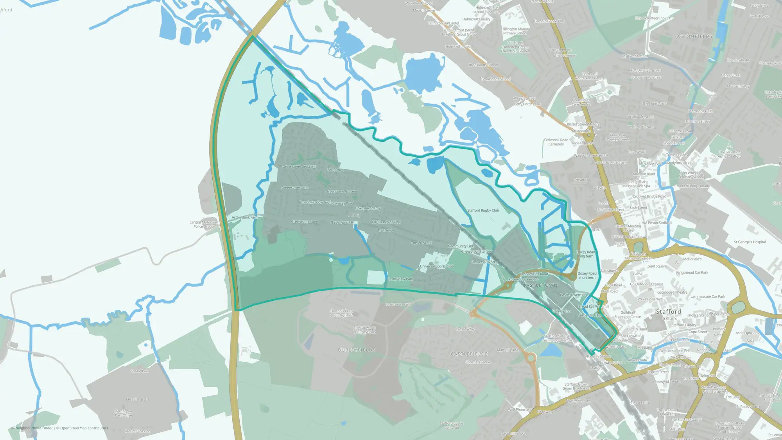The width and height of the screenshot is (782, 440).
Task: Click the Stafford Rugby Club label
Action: coord(483,210)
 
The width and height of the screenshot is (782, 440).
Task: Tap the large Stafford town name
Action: coord(668,312)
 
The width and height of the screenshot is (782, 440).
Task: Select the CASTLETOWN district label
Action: coord(540,285)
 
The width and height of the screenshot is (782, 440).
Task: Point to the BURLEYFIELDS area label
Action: coord(357,350)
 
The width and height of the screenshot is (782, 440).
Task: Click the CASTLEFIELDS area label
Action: coord(469,354)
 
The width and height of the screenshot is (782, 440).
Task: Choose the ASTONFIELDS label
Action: coord(694,36)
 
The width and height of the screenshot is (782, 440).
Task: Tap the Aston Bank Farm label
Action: coord(245,217)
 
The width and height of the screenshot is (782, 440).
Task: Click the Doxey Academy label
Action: coord(368,208)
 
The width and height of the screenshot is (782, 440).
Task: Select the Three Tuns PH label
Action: coord(341,223)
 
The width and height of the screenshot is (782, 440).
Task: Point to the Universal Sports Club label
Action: coord(436,266)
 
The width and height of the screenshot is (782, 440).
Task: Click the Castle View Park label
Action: coord(400,279)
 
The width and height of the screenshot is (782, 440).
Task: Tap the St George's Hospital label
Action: coord(750,242)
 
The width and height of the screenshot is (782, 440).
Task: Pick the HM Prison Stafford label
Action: coord(656,223)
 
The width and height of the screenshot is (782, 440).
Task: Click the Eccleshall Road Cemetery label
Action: coord(556,142)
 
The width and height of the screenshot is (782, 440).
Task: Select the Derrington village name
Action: coord(137,399)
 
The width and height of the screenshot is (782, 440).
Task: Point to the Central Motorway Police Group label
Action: coord(203,224)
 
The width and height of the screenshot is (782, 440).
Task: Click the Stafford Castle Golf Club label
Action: coord(451,426)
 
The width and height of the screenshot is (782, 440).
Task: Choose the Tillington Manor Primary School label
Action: coord(515,31)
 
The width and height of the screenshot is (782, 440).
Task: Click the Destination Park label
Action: coord(397,304)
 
